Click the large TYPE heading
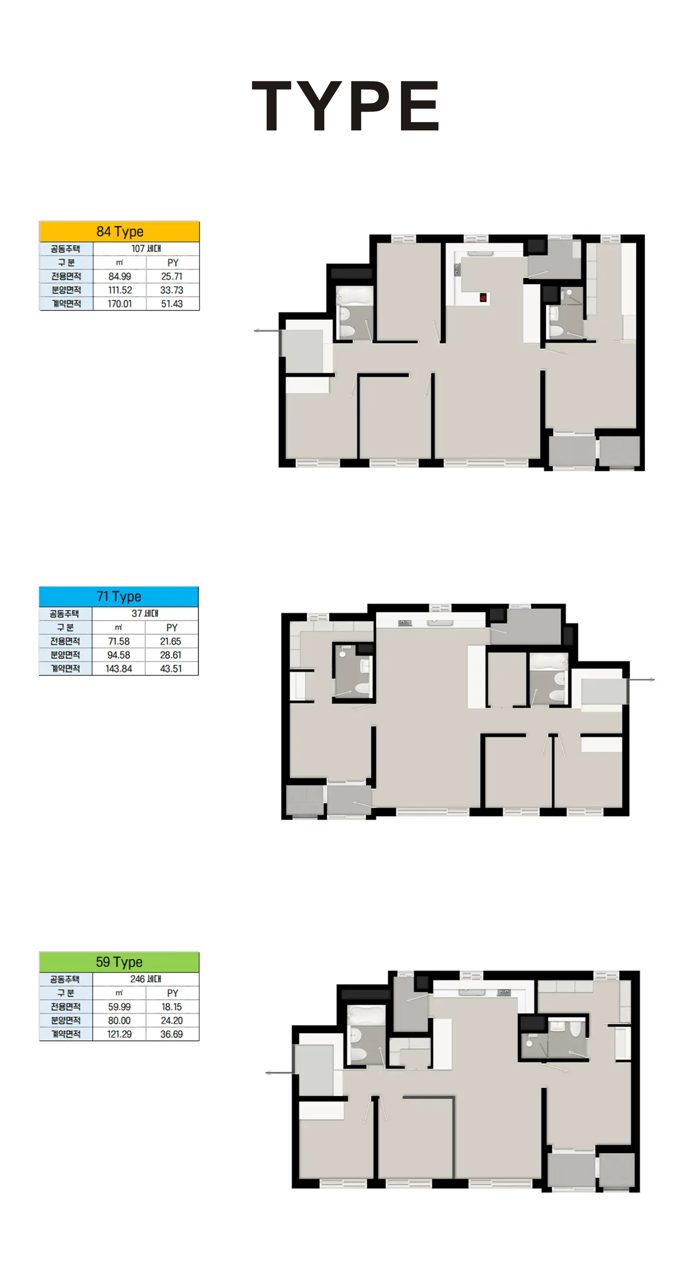click(345, 106)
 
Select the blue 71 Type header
click(119, 597)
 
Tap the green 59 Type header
click(119, 962)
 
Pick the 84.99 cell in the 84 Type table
click(119, 276)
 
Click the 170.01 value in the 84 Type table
click(119, 304)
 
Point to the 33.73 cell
click(172, 290)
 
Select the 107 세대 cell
click(146, 248)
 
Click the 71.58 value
click(119, 642)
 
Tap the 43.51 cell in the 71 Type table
click(171, 669)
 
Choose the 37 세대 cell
click(145, 614)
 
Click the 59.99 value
click(119, 1007)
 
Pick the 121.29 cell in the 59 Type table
click(119, 1034)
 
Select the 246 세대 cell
click(146, 979)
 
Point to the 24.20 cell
click(172, 1020)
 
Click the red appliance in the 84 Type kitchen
click(483, 298)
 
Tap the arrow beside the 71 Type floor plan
click(641, 679)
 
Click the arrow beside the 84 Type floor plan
click(267, 331)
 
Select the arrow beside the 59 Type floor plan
click(279, 1073)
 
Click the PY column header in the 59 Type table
click(172, 993)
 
